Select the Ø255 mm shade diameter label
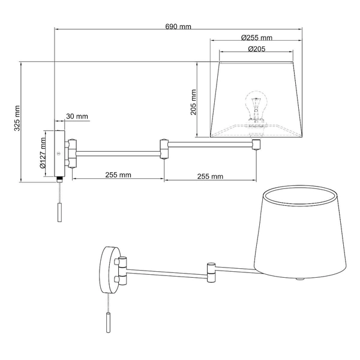256,37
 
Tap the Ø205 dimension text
256,49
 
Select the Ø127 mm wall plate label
43,154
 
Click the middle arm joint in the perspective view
211,270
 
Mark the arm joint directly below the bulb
256,145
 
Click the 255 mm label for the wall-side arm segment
118,175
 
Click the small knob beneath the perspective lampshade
301,279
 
